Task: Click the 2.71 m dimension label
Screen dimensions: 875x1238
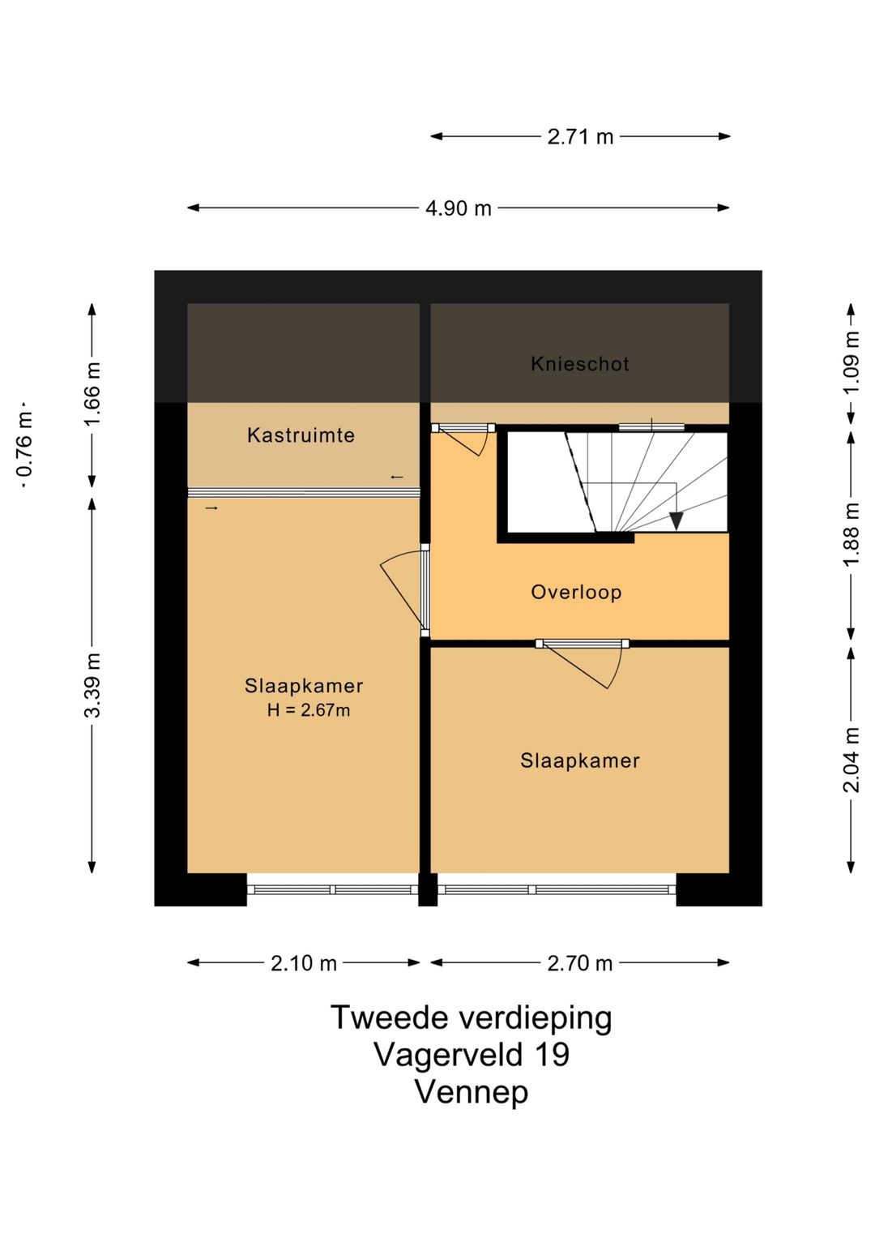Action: click(x=580, y=136)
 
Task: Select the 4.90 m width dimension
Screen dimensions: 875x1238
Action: click(x=458, y=208)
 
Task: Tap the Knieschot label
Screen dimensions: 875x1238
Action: click(x=580, y=364)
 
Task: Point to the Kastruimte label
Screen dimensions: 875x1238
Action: click(x=301, y=435)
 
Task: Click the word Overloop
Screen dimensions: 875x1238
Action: click(x=576, y=593)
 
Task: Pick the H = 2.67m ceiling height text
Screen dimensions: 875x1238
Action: click(x=308, y=709)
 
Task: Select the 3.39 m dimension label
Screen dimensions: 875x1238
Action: click(x=92, y=685)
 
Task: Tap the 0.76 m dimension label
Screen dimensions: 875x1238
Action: click(x=25, y=444)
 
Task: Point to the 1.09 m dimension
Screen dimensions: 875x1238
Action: click(x=852, y=362)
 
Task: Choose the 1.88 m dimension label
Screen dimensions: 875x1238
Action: click(x=852, y=533)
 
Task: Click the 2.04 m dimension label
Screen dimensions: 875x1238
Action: click(x=852, y=760)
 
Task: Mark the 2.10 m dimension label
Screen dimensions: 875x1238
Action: click(x=303, y=963)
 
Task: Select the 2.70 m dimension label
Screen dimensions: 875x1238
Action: click(x=580, y=963)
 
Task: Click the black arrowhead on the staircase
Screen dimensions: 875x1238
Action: click(x=676, y=521)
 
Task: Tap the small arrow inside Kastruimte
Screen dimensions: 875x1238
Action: click(x=397, y=477)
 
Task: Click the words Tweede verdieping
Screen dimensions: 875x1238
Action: click(x=472, y=1017)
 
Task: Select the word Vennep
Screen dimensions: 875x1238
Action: click(x=472, y=1092)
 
